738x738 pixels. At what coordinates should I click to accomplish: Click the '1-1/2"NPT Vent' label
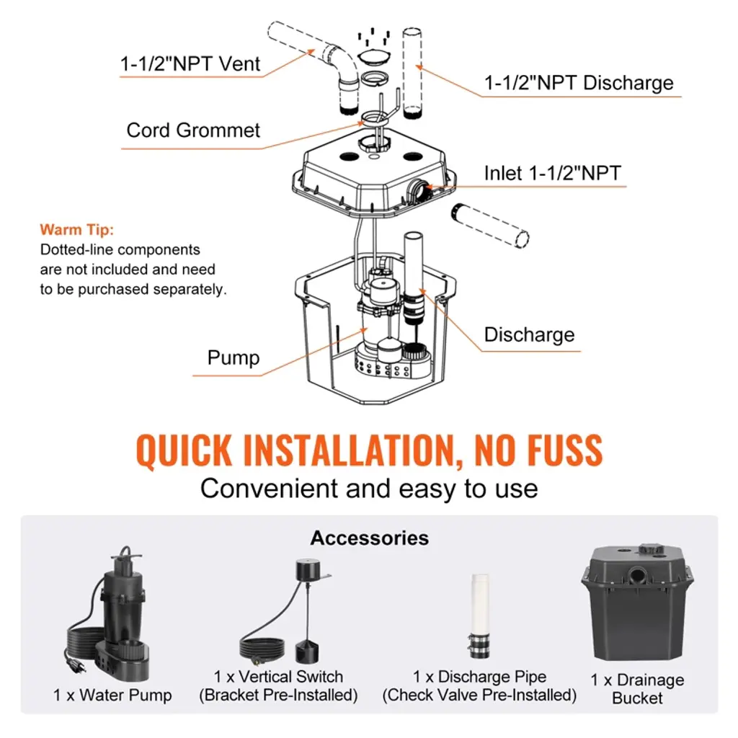tap(190, 63)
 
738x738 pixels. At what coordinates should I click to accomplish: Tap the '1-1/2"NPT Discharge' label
tap(579, 83)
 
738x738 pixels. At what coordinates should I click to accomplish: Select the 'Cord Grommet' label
tap(193, 130)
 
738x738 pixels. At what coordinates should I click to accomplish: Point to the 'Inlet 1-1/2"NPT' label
tap(552, 173)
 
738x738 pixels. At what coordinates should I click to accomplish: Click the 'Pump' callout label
tap(233, 357)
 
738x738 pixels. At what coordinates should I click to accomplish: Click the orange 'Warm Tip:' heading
tap(77, 231)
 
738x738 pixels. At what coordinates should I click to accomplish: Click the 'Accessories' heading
tap(369, 538)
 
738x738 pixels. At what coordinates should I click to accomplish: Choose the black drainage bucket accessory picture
tap(636, 604)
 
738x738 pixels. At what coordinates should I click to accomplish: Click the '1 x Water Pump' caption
tap(112, 695)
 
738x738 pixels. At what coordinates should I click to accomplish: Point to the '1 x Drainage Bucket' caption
tap(638, 689)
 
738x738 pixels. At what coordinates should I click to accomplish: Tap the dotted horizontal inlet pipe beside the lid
tap(490, 225)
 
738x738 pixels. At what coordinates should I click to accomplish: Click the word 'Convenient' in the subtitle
tap(269, 489)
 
